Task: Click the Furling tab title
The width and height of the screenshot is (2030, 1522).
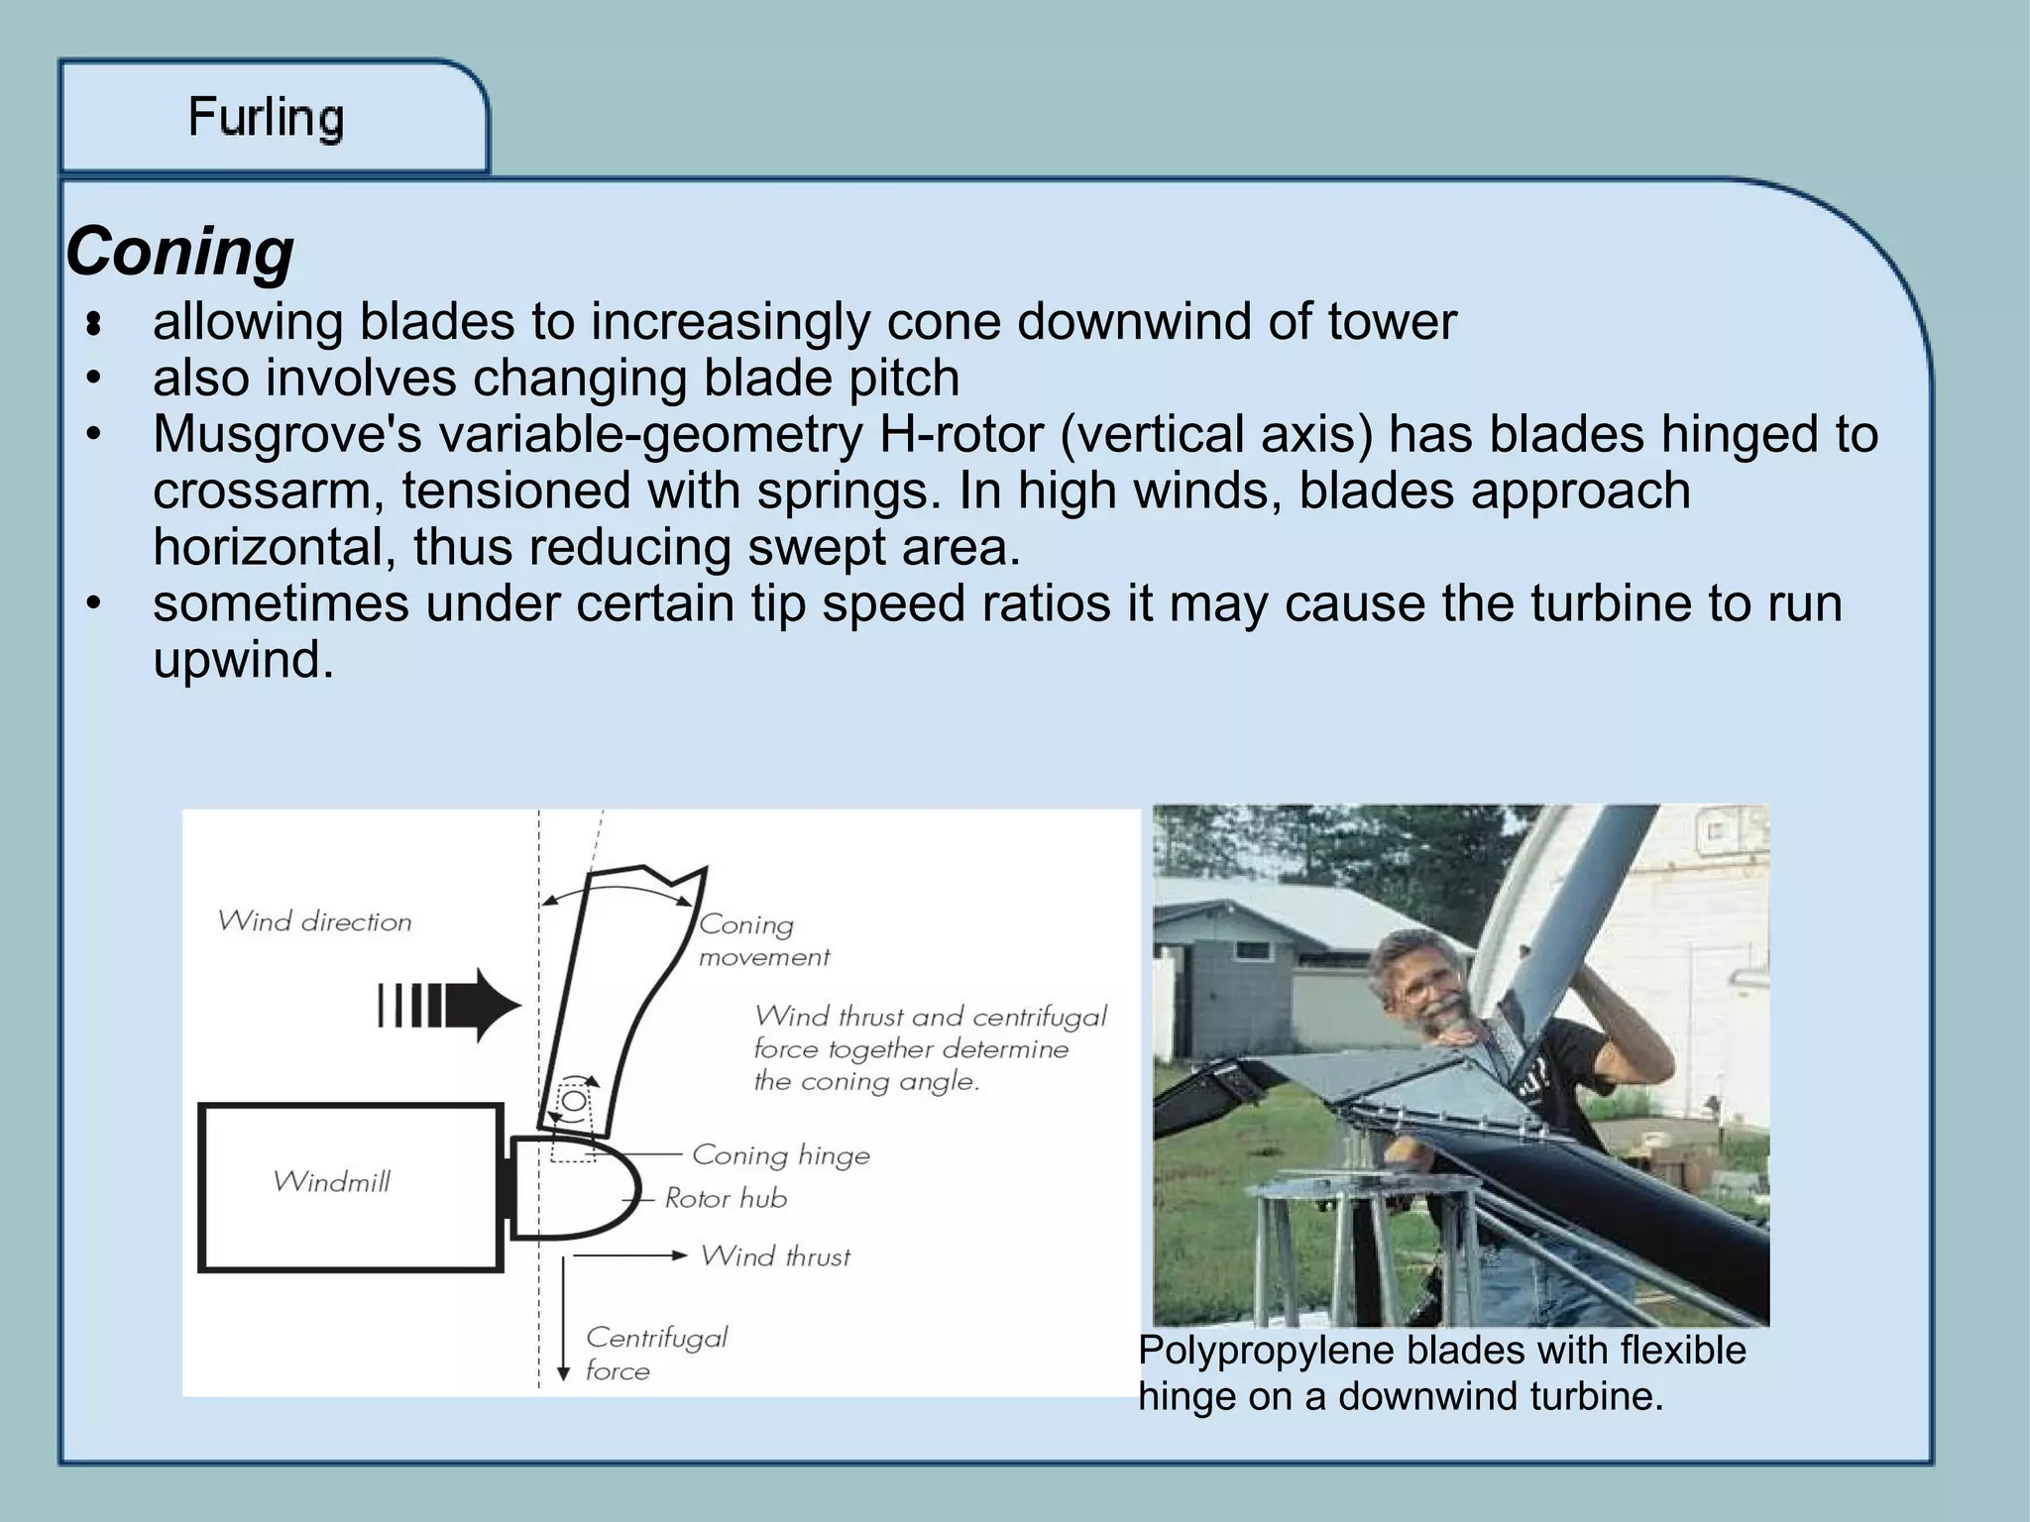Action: [266, 118]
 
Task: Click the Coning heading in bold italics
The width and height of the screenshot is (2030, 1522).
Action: [179, 252]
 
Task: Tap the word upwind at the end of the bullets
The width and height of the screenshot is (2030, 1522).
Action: [243, 659]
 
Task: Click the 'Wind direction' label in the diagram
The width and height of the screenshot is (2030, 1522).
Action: [314, 922]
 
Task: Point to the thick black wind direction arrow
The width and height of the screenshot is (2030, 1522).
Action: [451, 1006]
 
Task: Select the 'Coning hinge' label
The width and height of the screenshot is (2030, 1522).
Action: [780, 1155]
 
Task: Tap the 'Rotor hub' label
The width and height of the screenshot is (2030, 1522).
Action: [726, 1199]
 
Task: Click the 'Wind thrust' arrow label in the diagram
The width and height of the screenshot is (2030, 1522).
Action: [775, 1256]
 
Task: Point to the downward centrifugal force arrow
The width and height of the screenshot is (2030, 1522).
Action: [563, 1318]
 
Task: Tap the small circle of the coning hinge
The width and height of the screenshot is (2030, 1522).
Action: [574, 1101]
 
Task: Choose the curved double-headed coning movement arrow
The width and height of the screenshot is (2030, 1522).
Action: [618, 889]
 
